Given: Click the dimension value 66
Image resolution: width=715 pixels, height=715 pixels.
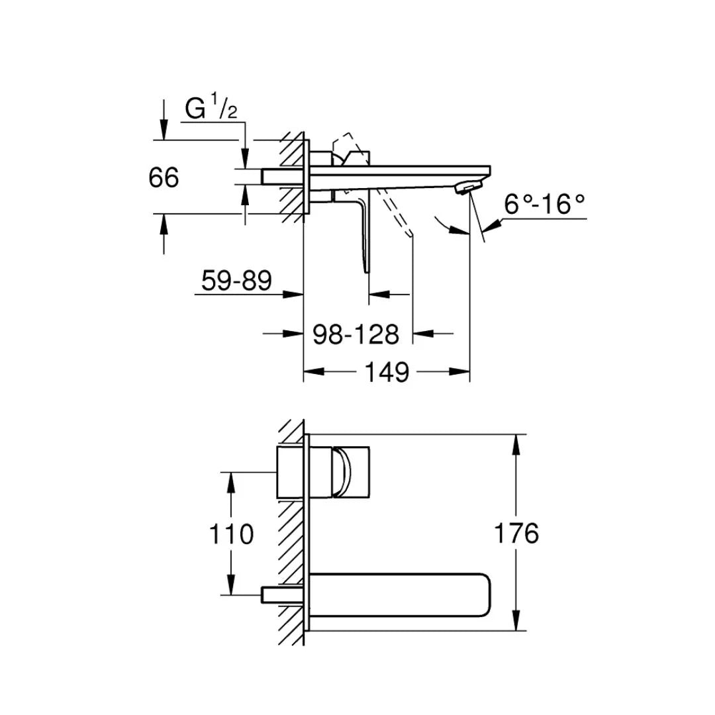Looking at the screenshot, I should coord(164,178).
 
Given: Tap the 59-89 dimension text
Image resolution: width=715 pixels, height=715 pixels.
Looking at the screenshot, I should coord(236,281).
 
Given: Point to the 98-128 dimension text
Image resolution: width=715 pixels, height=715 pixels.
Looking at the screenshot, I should coord(356,334).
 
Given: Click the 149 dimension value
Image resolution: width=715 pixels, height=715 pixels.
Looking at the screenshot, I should coord(387,373).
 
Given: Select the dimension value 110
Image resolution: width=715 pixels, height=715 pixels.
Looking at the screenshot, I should coord(231,534).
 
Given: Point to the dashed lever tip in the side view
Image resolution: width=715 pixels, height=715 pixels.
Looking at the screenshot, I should coord(409,234).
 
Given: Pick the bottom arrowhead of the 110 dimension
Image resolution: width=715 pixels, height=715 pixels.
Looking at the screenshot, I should coord(231,585).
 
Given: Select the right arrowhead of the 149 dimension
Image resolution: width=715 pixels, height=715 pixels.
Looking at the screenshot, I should coord(461,373).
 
